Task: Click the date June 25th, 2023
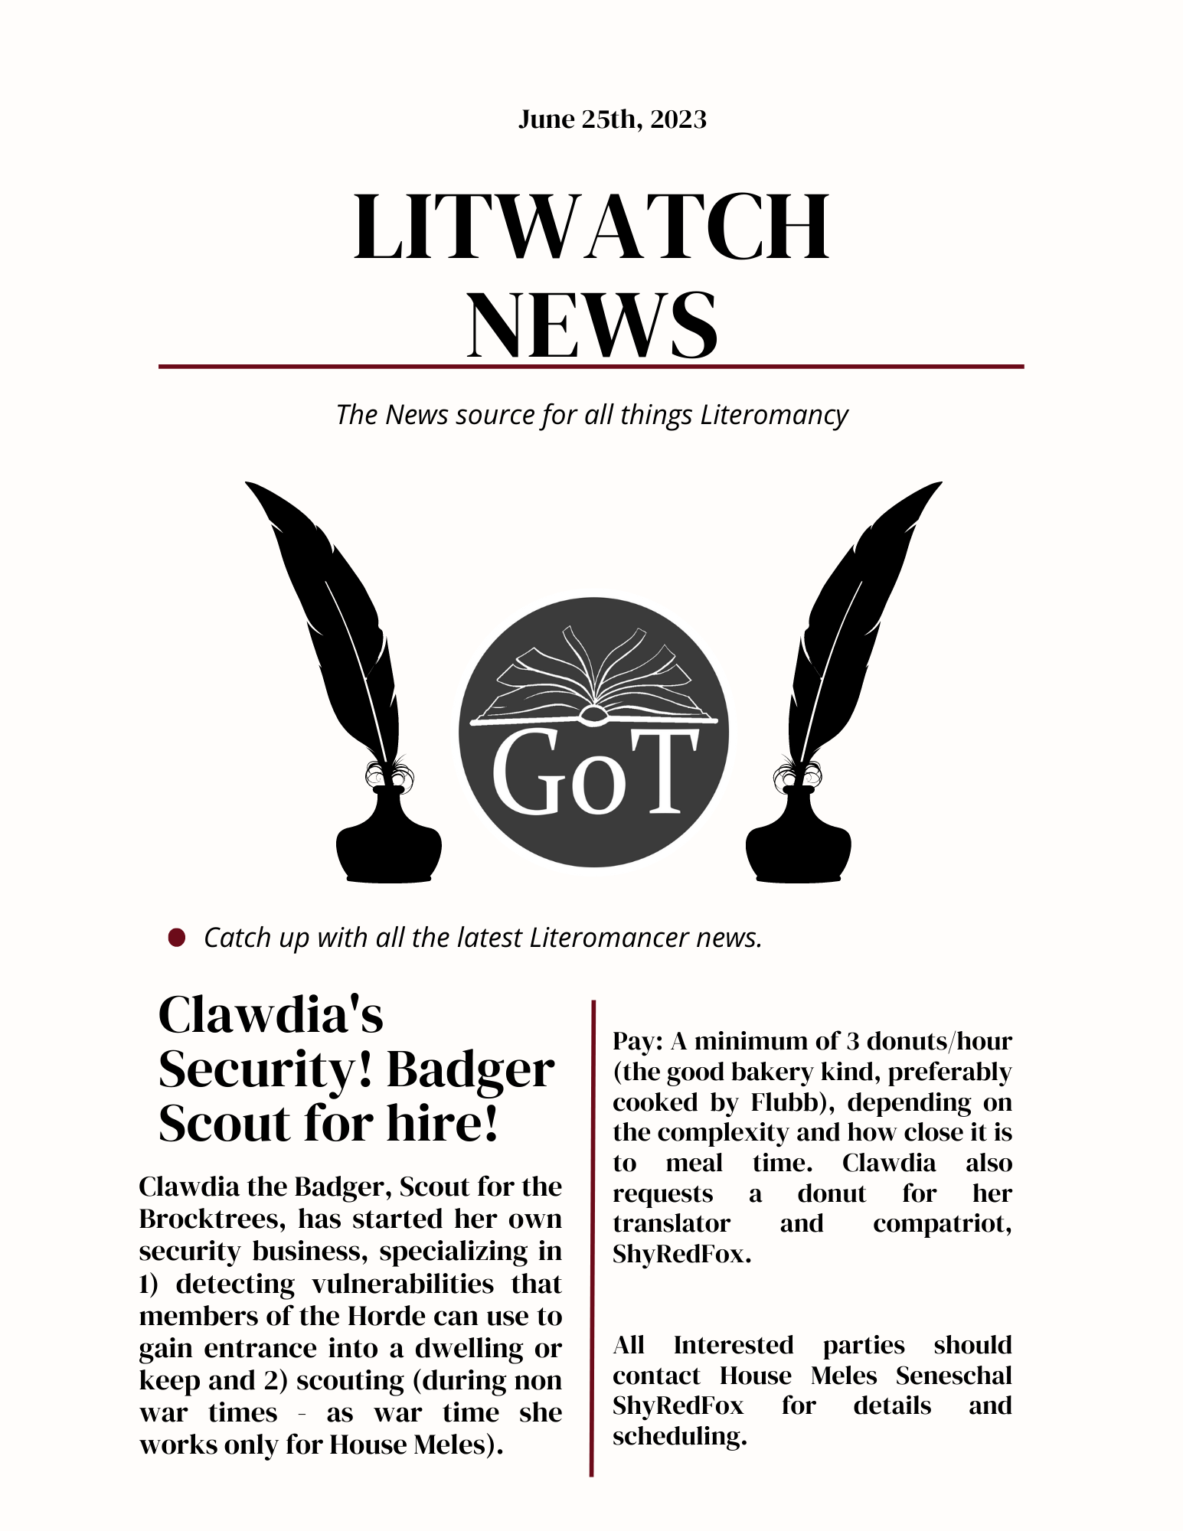(x=612, y=119)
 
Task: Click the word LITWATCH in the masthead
(x=591, y=228)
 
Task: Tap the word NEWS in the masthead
(x=593, y=325)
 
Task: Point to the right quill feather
(x=858, y=612)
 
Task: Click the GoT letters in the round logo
(x=594, y=773)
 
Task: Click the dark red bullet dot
(x=177, y=938)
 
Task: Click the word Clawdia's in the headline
(x=271, y=1015)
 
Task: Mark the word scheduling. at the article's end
(x=679, y=1436)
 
